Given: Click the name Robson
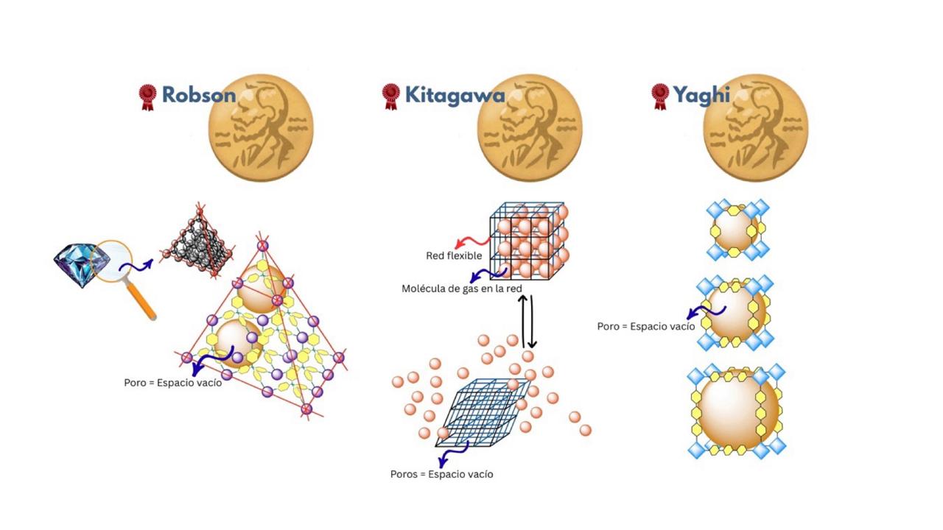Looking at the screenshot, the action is [199, 95].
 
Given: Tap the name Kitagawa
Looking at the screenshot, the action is [455, 95].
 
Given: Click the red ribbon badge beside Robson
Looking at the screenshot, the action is [148, 96].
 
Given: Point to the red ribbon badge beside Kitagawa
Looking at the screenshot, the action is [390, 96].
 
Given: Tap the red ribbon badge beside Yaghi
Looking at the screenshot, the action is [659, 96].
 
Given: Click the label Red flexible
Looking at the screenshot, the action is [454, 256].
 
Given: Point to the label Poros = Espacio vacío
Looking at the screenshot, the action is [441, 474].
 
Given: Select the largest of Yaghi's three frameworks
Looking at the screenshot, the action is [737, 411].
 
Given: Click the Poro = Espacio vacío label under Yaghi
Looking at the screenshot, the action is [645, 326].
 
